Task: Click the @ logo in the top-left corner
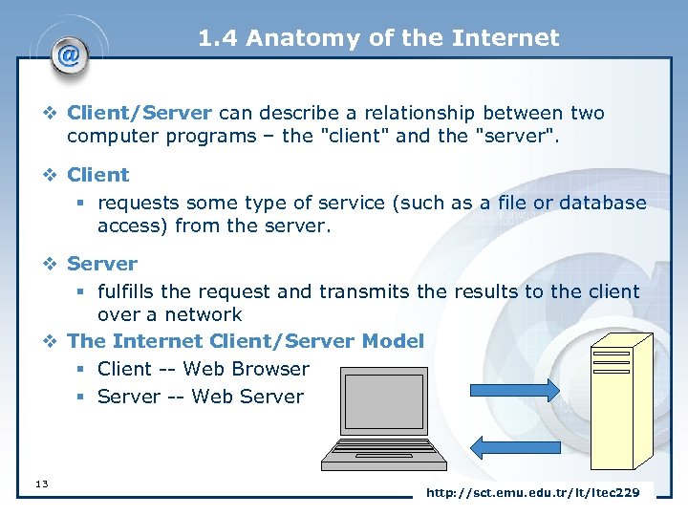pyautogui.click(x=68, y=54)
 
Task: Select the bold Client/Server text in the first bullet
pyautogui.click(x=139, y=113)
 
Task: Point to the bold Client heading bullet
pyautogui.click(x=97, y=175)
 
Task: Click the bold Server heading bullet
pyautogui.click(x=102, y=263)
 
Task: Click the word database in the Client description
pyautogui.click(x=599, y=203)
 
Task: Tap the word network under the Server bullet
pyautogui.click(x=204, y=314)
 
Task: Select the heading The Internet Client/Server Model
pyautogui.click(x=246, y=341)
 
